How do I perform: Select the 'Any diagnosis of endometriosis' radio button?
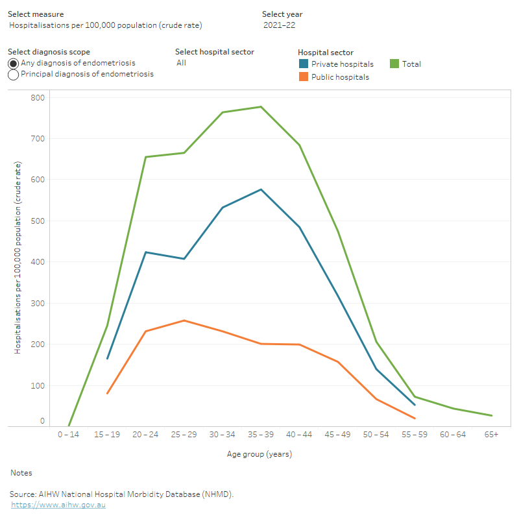click(13, 64)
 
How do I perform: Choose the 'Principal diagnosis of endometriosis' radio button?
click(13, 75)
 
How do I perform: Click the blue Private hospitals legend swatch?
click(303, 64)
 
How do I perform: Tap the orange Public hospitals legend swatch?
click(303, 77)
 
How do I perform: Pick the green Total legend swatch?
click(394, 64)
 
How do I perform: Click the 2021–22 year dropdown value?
click(280, 25)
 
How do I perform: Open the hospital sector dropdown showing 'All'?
click(181, 63)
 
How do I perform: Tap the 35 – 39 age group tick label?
click(261, 434)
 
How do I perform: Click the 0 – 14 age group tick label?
click(69, 434)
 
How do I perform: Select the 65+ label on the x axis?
click(491, 434)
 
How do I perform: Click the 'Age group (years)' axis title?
click(259, 454)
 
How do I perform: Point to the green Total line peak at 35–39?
click(261, 106)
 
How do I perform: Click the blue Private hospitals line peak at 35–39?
click(261, 189)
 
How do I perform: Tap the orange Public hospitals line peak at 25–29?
click(184, 320)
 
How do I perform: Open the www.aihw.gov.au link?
click(58, 505)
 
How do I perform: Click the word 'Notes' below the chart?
click(21, 473)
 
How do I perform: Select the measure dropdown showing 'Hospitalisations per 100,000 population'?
click(106, 25)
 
